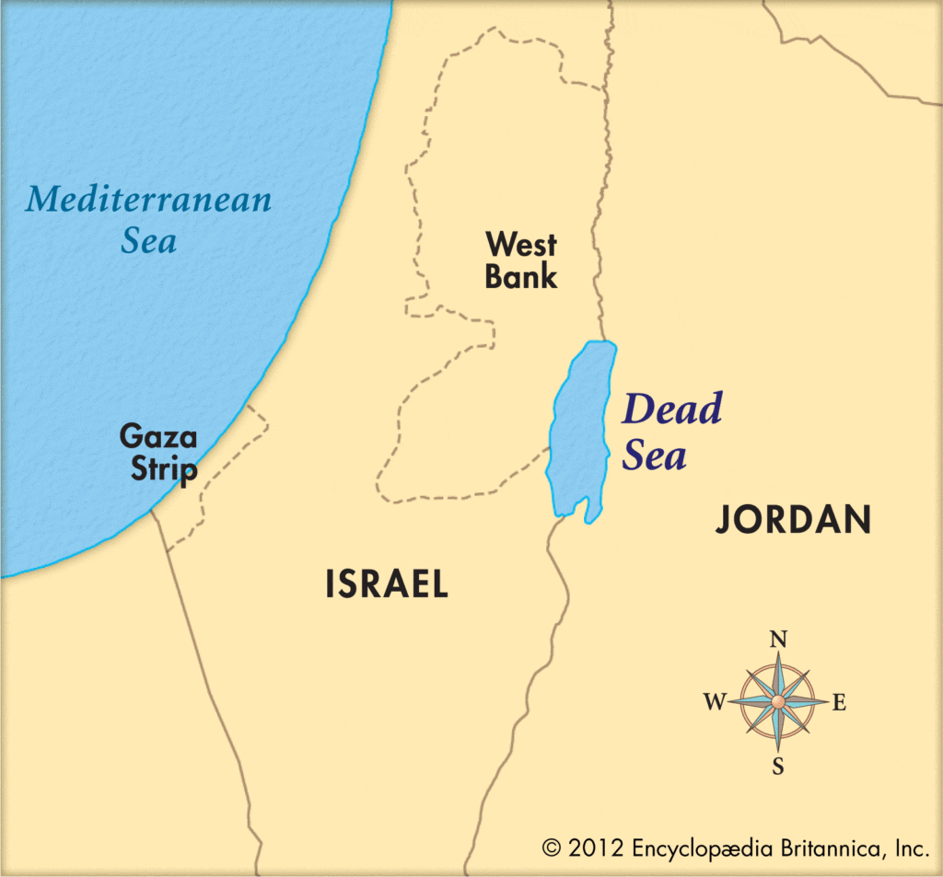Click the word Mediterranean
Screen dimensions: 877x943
(148, 199)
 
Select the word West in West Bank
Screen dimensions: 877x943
(521, 245)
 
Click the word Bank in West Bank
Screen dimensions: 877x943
(521, 277)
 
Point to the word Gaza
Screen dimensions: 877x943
(157, 437)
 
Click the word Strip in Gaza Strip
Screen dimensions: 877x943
(163, 470)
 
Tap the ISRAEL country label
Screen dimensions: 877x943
(387, 584)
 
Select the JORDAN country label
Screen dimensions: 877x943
(794, 521)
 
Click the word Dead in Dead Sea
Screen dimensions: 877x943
(671, 410)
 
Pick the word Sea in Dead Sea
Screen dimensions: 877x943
(654, 456)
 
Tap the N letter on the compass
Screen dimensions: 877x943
(778, 640)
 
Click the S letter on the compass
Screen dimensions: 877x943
(778, 766)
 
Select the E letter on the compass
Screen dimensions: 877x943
(839, 704)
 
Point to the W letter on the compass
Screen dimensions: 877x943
(716, 704)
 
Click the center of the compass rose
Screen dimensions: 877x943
(778, 702)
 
